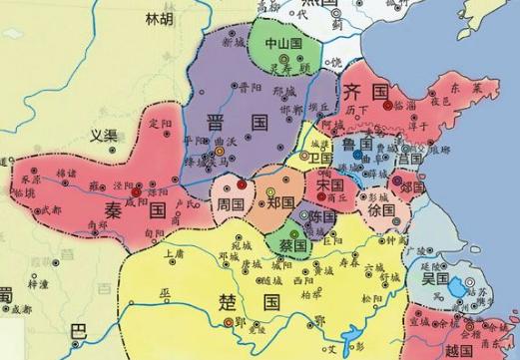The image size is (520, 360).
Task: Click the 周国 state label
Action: [231, 203]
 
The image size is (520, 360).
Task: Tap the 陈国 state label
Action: [322, 216]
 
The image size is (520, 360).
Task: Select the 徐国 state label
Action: [379, 212]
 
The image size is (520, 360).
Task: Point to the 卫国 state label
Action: [321, 158]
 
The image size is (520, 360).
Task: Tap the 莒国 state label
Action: [409, 157]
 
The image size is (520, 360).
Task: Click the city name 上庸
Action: [175, 254]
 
